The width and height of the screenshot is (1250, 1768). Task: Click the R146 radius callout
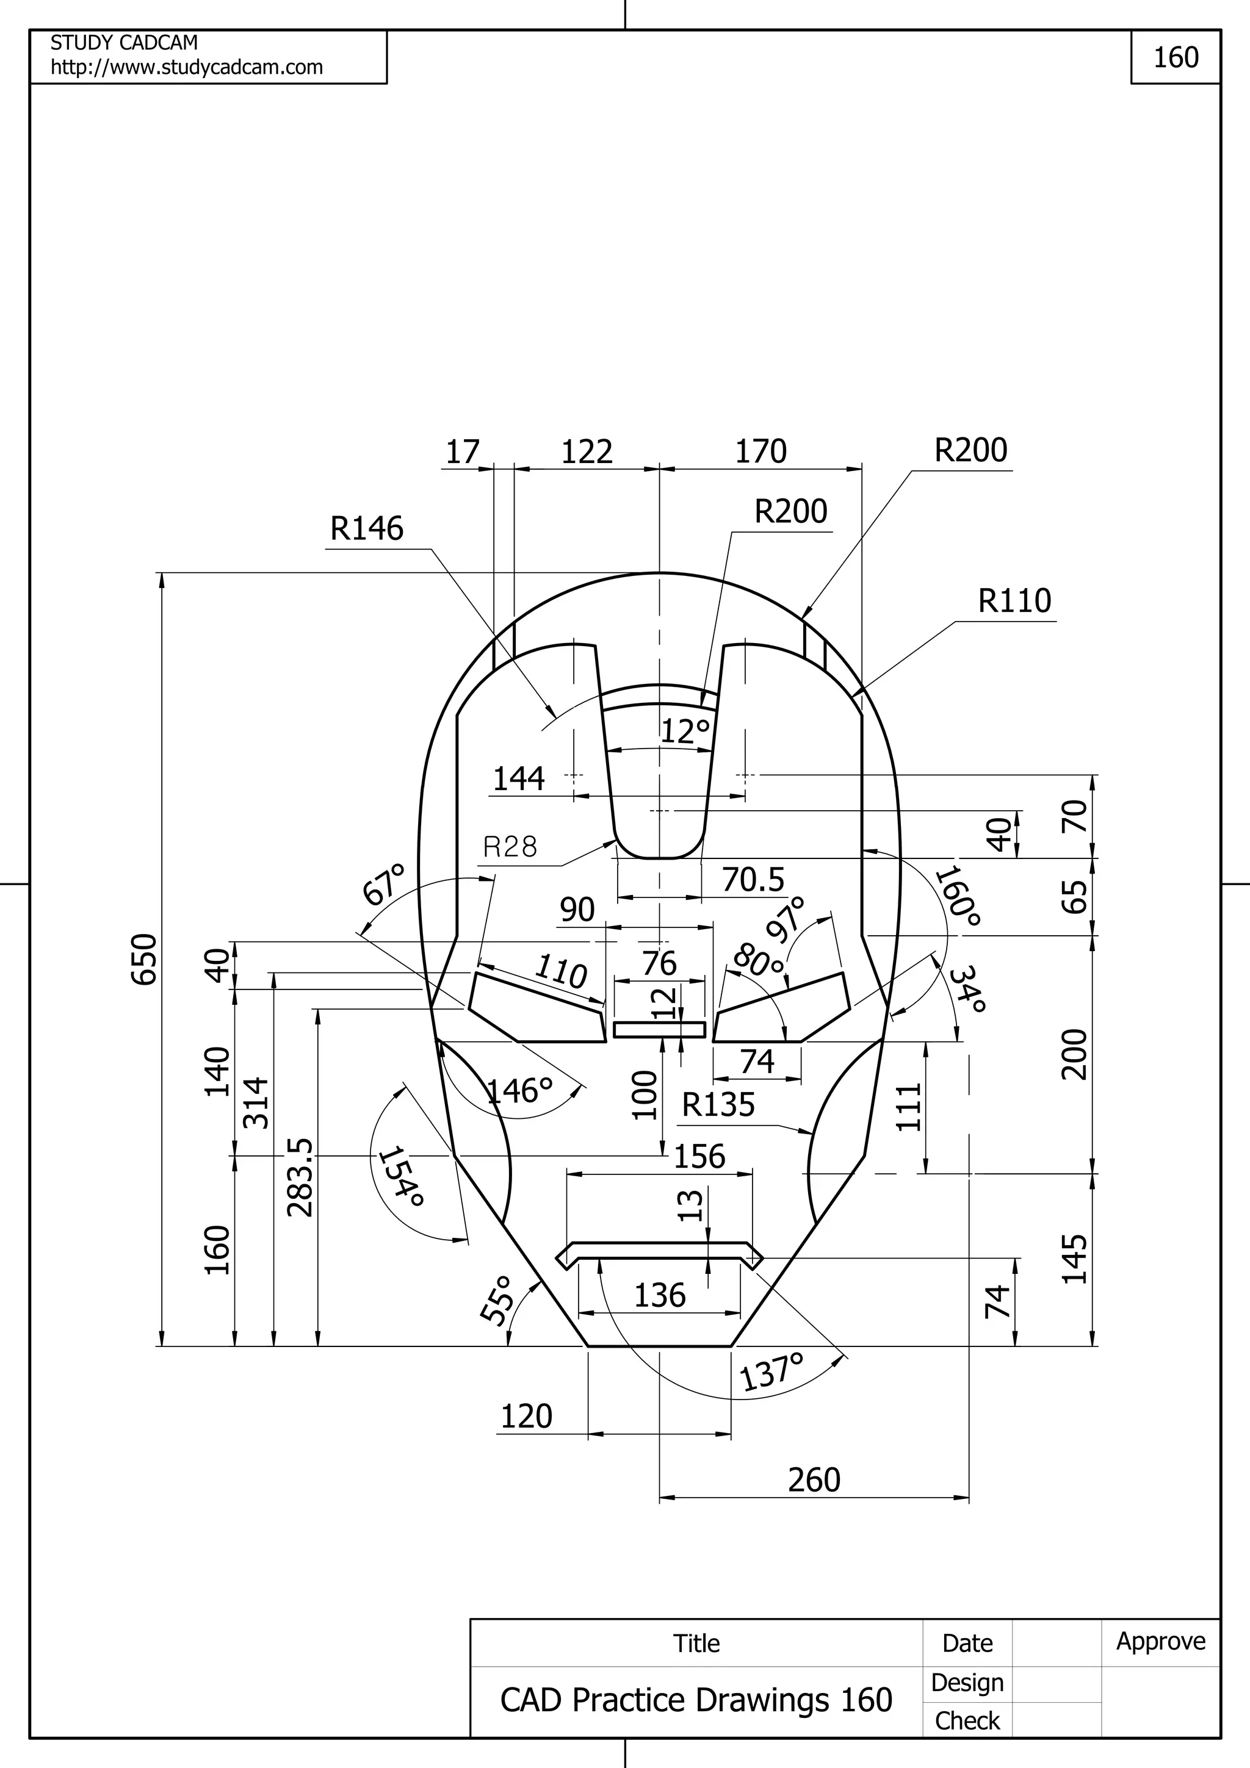[367, 529]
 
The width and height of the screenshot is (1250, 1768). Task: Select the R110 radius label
[1014, 601]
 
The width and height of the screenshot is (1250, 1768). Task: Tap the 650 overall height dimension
[145, 958]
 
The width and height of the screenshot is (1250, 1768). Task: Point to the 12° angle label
[685, 731]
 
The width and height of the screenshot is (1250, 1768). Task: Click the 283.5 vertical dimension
[300, 1178]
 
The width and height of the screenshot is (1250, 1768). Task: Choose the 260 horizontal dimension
[814, 1480]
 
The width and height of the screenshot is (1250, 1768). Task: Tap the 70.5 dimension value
[753, 879]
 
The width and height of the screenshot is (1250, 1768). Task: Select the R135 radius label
[718, 1105]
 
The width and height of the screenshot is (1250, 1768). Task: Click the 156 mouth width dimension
[699, 1157]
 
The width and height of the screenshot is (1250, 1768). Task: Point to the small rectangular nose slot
[659, 1030]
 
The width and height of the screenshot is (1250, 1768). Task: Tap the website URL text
[186, 68]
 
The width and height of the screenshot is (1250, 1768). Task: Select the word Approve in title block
[1161, 1641]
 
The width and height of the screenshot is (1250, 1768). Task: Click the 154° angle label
[401, 1177]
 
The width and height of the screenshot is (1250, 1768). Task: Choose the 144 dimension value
[518, 778]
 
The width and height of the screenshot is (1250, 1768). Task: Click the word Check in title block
[967, 1720]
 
